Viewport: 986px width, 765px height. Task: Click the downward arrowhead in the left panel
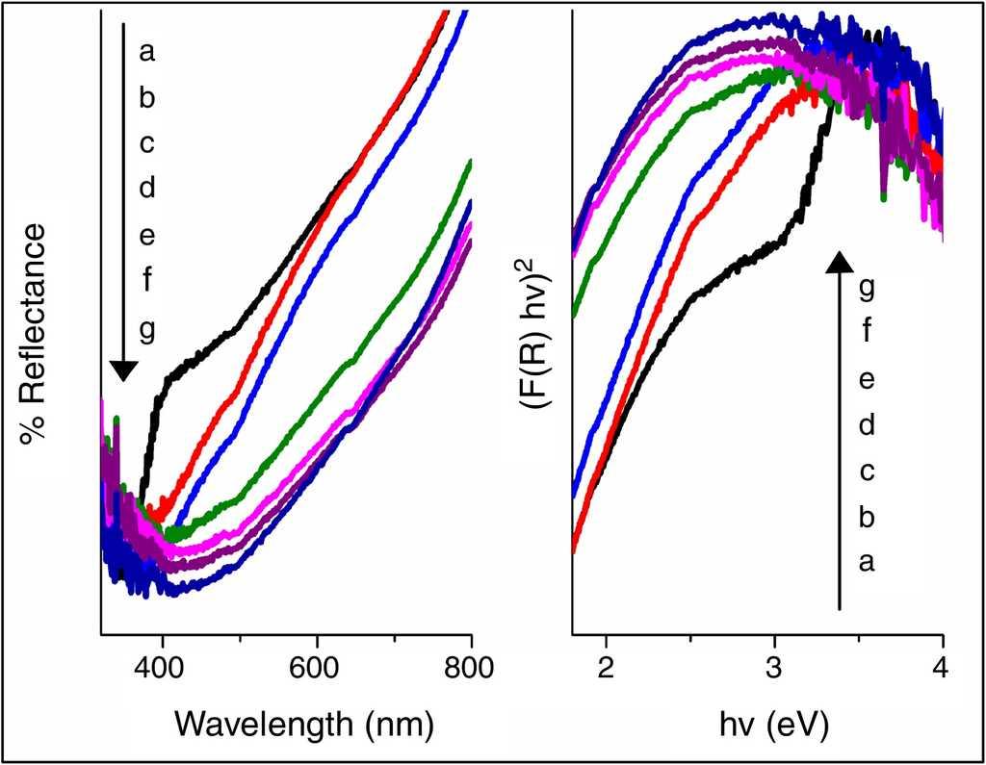pos(123,370)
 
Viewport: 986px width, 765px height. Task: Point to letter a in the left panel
pos(146,52)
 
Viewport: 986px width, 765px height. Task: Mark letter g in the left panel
pos(146,329)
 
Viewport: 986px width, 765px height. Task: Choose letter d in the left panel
pos(146,189)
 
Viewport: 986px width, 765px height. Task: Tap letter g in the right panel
pos(866,288)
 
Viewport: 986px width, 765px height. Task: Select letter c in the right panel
pos(866,472)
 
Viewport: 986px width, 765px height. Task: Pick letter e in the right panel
pos(866,380)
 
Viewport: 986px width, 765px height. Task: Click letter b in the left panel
pos(146,97)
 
